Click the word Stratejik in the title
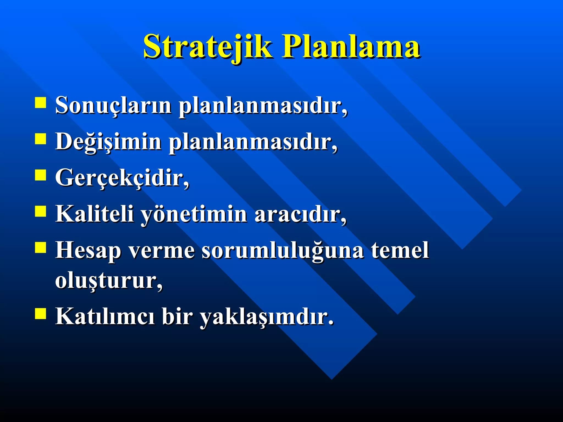point(208,46)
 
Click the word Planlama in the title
point(351,46)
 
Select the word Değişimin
point(108,142)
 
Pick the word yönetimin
point(194,214)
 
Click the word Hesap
point(88,251)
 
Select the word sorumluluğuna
point(283,251)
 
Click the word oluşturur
point(109,281)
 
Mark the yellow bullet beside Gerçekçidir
point(40,175)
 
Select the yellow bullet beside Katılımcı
point(40,313)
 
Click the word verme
point(161,251)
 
